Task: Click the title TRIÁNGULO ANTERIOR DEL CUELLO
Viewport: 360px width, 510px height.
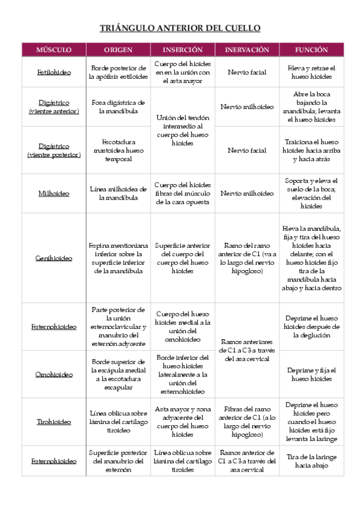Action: click(180, 28)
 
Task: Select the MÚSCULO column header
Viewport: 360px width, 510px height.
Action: click(53, 50)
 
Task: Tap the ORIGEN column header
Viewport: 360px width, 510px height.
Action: click(118, 50)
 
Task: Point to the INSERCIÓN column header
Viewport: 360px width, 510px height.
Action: click(182, 50)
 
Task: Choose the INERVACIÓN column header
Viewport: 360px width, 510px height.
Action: click(246, 50)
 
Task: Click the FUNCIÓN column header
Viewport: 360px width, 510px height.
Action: click(311, 50)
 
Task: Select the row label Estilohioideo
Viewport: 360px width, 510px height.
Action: click(53, 72)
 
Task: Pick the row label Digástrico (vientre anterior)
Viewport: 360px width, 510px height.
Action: click(53, 107)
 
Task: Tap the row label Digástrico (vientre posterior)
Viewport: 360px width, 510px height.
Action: click(53, 150)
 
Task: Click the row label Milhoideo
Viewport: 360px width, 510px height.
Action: click(53, 194)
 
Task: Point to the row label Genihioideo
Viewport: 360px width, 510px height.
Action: click(53, 258)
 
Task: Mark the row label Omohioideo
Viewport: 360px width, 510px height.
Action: click(53, 374)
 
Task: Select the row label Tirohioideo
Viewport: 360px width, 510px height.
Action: click(53, 422)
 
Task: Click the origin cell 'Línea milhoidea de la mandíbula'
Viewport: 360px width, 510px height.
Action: click(118, 194)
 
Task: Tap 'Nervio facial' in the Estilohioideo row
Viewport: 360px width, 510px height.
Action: click(246, 72)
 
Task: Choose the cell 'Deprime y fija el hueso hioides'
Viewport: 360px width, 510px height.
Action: click(311, 374)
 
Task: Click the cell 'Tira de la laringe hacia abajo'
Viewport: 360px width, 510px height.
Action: click(311, 461)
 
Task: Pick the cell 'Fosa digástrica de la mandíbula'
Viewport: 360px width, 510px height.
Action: click(118, 107)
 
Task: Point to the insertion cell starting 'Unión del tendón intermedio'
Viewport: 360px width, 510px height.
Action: click(182, 131)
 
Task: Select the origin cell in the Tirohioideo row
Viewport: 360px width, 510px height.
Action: click(118, 422)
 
